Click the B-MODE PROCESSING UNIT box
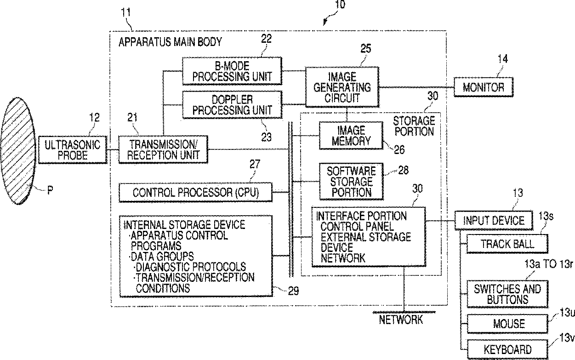(x=232, y=71)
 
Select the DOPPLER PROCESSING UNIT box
(x=232, y=104)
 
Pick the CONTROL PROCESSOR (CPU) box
(x=195, y=192)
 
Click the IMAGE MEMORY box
(x=351, y=135)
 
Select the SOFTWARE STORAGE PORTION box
(x=351, y=181)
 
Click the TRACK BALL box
(x=507, y=244)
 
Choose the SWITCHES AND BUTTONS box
(x=507, y=294)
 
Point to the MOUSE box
(x=508, y=323)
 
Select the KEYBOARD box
(x=507, y=349)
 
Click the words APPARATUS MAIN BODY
(x=170, y=42)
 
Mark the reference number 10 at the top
(x=340, y=6)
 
